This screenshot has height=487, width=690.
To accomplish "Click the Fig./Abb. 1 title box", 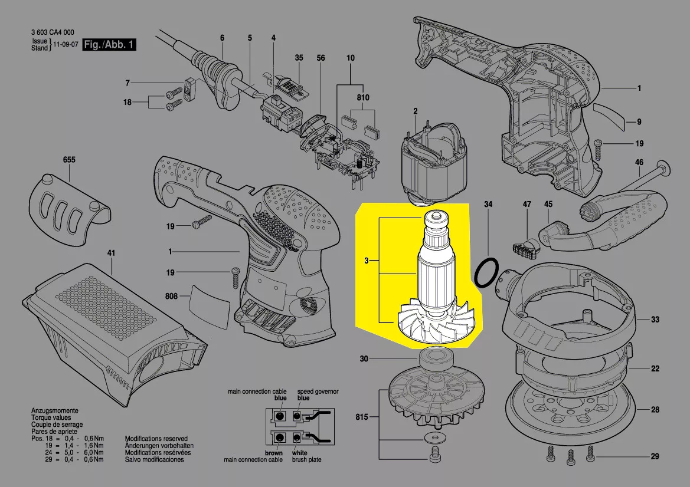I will (109, 45).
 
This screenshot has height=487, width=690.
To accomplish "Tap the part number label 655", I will (69, 160).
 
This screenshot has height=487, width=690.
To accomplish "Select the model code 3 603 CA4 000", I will (53, 33).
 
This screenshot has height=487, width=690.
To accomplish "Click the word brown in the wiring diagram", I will (274, 453).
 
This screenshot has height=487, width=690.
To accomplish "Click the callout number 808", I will (171, 295).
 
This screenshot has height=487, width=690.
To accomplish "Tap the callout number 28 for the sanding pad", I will (655, 409).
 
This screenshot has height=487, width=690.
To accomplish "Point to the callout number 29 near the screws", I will (655, 457).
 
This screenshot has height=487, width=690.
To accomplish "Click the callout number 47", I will (527, 204).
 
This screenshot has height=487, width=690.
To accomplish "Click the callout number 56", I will (321, 58).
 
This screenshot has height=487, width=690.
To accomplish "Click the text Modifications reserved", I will (156, 439).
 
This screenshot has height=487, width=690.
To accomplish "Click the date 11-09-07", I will (66, 45).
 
